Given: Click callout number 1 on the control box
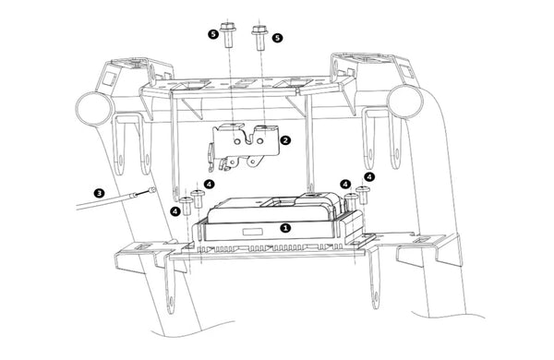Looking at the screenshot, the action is tap(285, 228).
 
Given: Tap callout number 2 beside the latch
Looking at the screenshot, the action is tap(285, 140).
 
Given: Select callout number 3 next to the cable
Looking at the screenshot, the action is tap(99, 193).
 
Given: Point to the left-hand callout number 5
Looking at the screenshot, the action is tap(213, 34).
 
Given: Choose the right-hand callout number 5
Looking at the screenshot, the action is tap(277, 38).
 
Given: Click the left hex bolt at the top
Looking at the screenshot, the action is tap(228, 35).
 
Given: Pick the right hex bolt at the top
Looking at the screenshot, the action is tap(260, 38).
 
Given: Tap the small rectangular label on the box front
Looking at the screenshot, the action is tap(253, 232).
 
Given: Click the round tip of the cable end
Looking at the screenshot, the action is tap(152, 190).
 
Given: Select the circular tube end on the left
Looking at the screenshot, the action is tap(94, 108).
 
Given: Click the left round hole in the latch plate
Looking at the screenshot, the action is tap(237, 141).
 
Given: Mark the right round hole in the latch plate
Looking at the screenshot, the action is tap(259, 141).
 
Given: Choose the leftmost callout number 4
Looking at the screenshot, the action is tap(175, 211).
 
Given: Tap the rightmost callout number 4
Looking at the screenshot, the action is tap(369, 176).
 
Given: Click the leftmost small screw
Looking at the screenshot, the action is tap(187, 207).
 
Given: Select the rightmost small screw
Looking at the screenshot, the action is tap(363, 195).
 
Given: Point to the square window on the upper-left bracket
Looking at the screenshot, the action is tap(109, 79).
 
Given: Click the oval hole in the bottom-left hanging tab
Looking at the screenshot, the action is tap(171, 302).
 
